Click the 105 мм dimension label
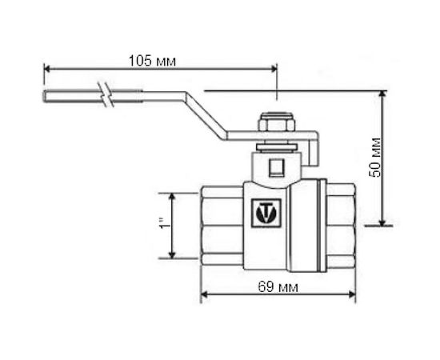(152, 61)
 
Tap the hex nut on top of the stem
(277, 126)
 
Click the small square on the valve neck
(276, 167)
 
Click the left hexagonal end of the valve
(221, 226)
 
